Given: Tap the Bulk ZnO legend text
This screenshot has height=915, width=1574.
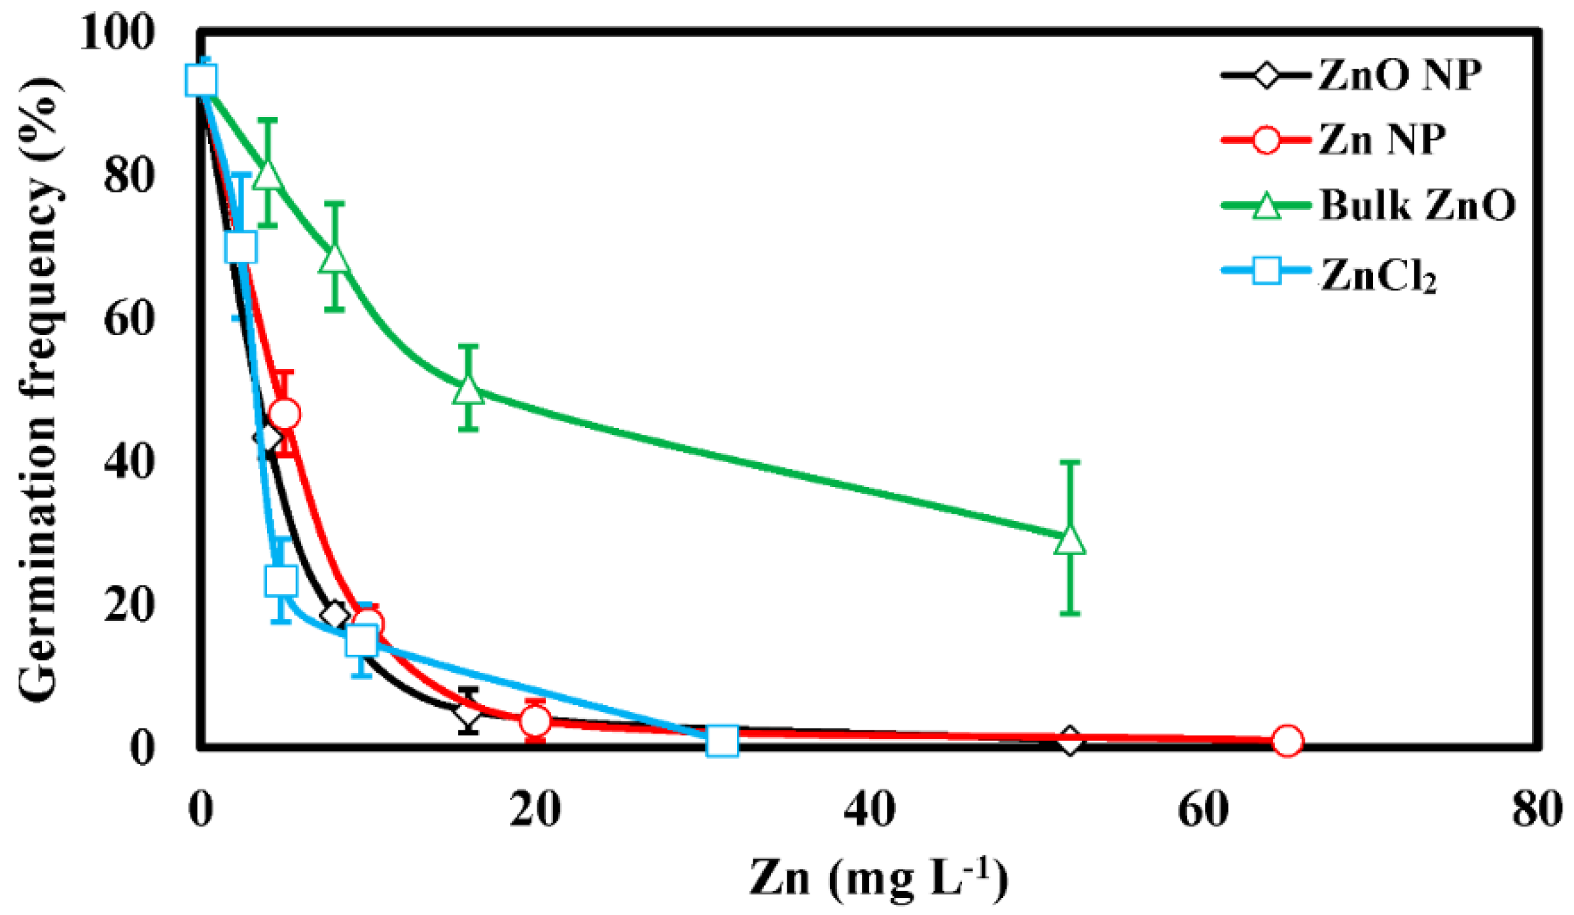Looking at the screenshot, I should click(x=1417, y=205).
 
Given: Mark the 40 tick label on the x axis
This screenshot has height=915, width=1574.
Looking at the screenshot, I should click(x=869, y=809).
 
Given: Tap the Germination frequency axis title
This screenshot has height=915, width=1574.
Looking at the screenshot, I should click(x=39, y=389).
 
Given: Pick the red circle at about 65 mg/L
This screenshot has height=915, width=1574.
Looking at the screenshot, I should click(x=1287, y=741).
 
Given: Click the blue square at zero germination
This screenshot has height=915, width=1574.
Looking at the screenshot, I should click(x=723, y=741).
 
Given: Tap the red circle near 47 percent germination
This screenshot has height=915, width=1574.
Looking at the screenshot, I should click(x=285, y=414).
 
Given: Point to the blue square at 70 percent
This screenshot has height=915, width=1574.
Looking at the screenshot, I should click(x=240, y=247).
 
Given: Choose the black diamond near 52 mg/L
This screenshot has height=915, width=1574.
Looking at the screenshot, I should click(x=1069, y=742).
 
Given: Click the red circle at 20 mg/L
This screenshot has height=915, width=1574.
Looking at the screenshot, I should click(x=535, y=721).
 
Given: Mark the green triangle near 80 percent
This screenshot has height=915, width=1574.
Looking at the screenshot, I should click(x=268, y=174).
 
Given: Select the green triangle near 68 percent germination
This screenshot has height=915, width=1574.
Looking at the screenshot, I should click(x=334, y=259).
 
